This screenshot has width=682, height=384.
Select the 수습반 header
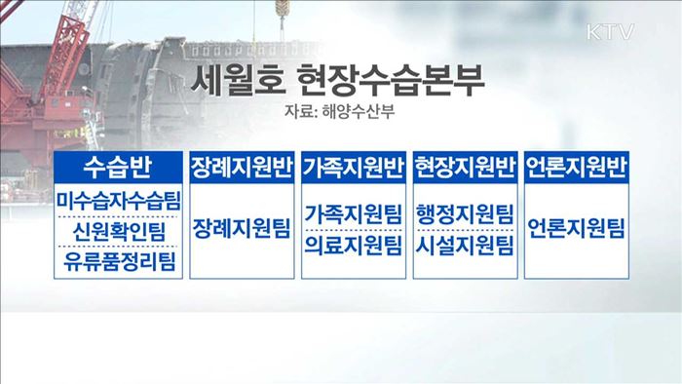pos(119,165)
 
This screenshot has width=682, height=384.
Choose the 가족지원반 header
pos(354,165)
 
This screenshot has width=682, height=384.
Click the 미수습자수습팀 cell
pos(119,200)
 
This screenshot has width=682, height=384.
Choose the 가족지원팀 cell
pos(354,212)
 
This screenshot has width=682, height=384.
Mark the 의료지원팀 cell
pos(354,243)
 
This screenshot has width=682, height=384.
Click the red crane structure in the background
pos(39,88)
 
